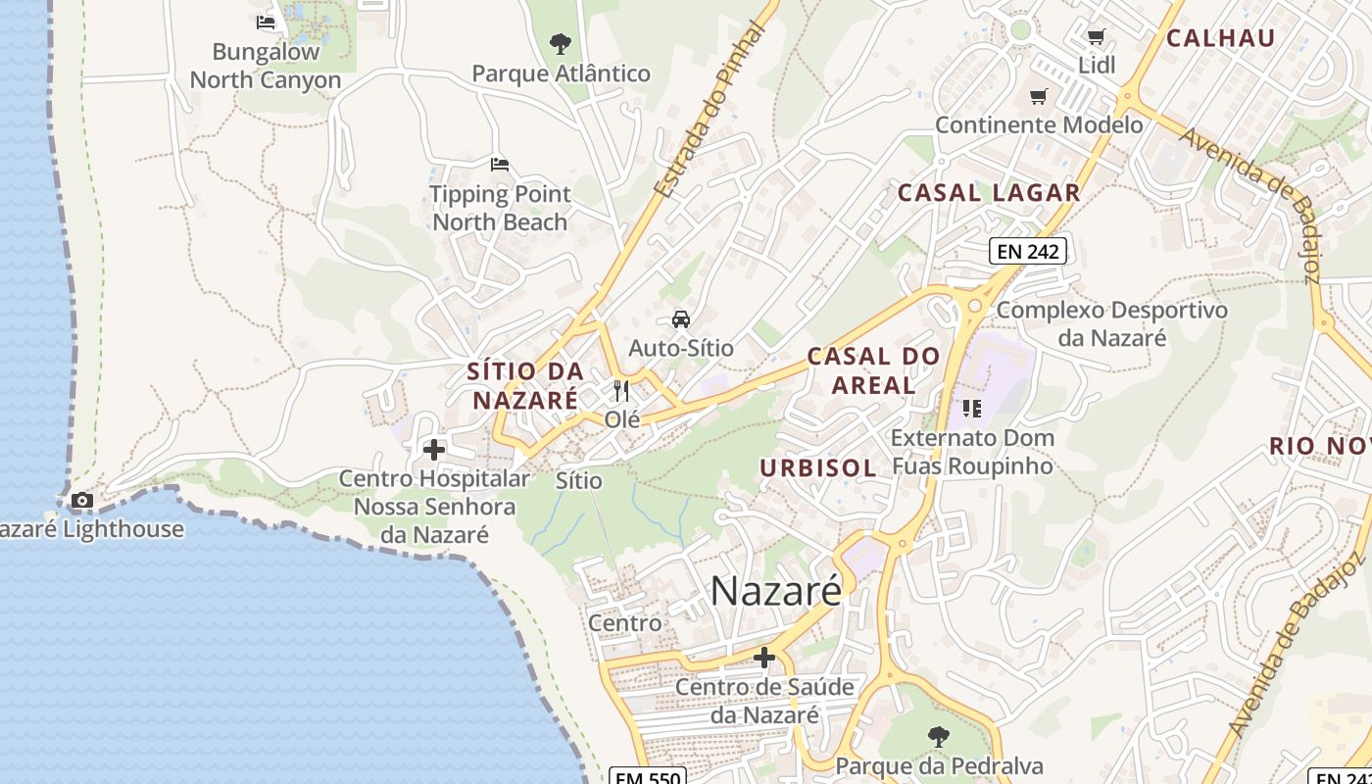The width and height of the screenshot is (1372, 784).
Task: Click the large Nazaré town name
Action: (775, 591)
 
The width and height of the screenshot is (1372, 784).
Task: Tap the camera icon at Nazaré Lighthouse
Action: (82, 501)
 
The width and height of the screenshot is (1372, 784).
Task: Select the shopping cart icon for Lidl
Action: (1096, 37)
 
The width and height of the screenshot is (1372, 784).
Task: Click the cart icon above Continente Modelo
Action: (1038, 96)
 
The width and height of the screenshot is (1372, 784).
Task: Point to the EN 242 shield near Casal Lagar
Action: (1026, 251)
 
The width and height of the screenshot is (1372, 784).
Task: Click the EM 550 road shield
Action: (647, 776)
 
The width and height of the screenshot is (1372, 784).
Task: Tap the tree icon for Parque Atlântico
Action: (561, 43)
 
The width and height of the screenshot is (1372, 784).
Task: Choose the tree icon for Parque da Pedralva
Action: (939, 736)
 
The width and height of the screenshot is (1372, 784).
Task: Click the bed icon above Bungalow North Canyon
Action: (266, 22)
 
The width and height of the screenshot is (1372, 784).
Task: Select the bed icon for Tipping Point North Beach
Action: (500, 164)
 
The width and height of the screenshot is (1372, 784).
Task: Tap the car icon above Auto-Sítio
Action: (680, 318)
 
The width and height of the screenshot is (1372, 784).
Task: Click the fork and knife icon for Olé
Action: (621, 391)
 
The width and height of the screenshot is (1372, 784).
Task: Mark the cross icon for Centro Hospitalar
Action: (433, 450)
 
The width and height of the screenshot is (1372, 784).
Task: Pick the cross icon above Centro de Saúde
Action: (764, 657)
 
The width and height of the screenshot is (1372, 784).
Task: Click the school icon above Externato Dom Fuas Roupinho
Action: (971, 408)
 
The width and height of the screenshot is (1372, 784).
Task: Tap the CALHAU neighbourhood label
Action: (1220, 38)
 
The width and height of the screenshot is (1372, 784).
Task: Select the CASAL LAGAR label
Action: (989, 193)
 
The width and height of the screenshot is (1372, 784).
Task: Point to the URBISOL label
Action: (818, 467)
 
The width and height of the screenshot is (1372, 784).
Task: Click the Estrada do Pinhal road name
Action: (709, 109)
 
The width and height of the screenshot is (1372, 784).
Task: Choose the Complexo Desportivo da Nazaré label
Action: (1111, 324)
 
